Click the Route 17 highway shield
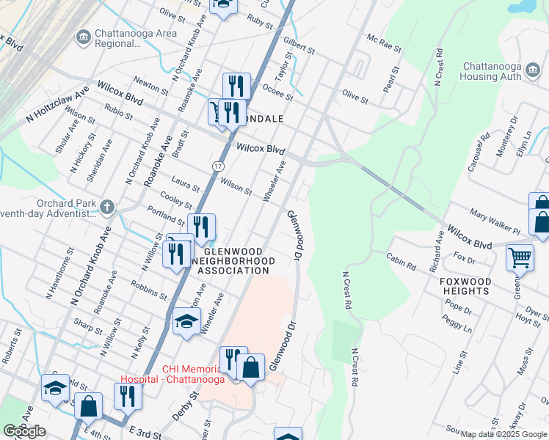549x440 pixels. click(x=218, y=167)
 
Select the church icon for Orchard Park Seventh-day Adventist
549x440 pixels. click(x=108, y=208)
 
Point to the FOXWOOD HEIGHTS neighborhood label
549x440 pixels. click(x=465, y=286)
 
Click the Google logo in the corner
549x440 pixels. click(x=25, y=431)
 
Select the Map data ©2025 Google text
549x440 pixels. click(x=503, y=434)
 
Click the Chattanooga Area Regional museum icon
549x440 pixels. click(x=82, y=36)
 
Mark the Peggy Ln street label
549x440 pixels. click(x=457, y=324)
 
